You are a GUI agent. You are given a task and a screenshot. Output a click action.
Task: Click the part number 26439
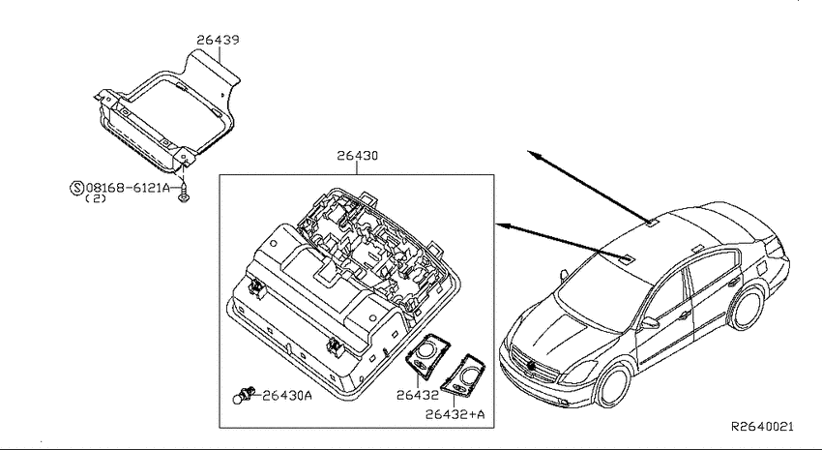[x=219, y=40]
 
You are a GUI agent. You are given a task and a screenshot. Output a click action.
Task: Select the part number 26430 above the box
[x=357, y=156]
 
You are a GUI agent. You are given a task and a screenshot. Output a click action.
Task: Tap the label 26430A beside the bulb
[x=287, y=396]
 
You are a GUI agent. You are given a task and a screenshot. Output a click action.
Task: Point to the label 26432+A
[x=455, y=414]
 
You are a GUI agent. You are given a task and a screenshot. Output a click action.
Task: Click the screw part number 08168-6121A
[x=129, y=187]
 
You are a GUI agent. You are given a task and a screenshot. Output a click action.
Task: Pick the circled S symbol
[x=76, y=188]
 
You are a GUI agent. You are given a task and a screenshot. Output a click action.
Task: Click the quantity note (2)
[x=96, y=198]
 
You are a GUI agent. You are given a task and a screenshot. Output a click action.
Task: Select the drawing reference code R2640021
[x=762, y=427]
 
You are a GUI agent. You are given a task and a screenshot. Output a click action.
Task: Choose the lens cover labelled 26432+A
[x=463, y=374]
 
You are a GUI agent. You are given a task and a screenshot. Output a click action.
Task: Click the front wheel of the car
[x=613, y=385]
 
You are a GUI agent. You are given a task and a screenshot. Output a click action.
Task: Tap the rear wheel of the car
[x=747, y=308]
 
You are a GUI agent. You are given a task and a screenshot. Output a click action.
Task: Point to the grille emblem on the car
[x=533, y=367]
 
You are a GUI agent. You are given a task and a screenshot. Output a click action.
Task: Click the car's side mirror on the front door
[x=649, y=322]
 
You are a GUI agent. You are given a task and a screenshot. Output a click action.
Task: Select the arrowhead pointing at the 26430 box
[x=502, y=225]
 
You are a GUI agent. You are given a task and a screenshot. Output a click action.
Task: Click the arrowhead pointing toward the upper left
[x=534, y=155]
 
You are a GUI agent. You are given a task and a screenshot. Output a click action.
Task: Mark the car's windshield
[x=602, y=291]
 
